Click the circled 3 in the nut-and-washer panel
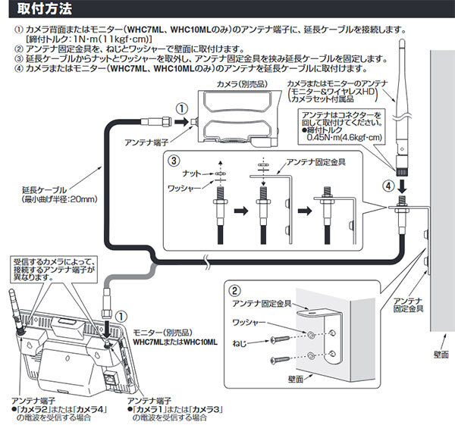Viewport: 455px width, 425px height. pos(173,161)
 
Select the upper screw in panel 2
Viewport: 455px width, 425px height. pos(283,336)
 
